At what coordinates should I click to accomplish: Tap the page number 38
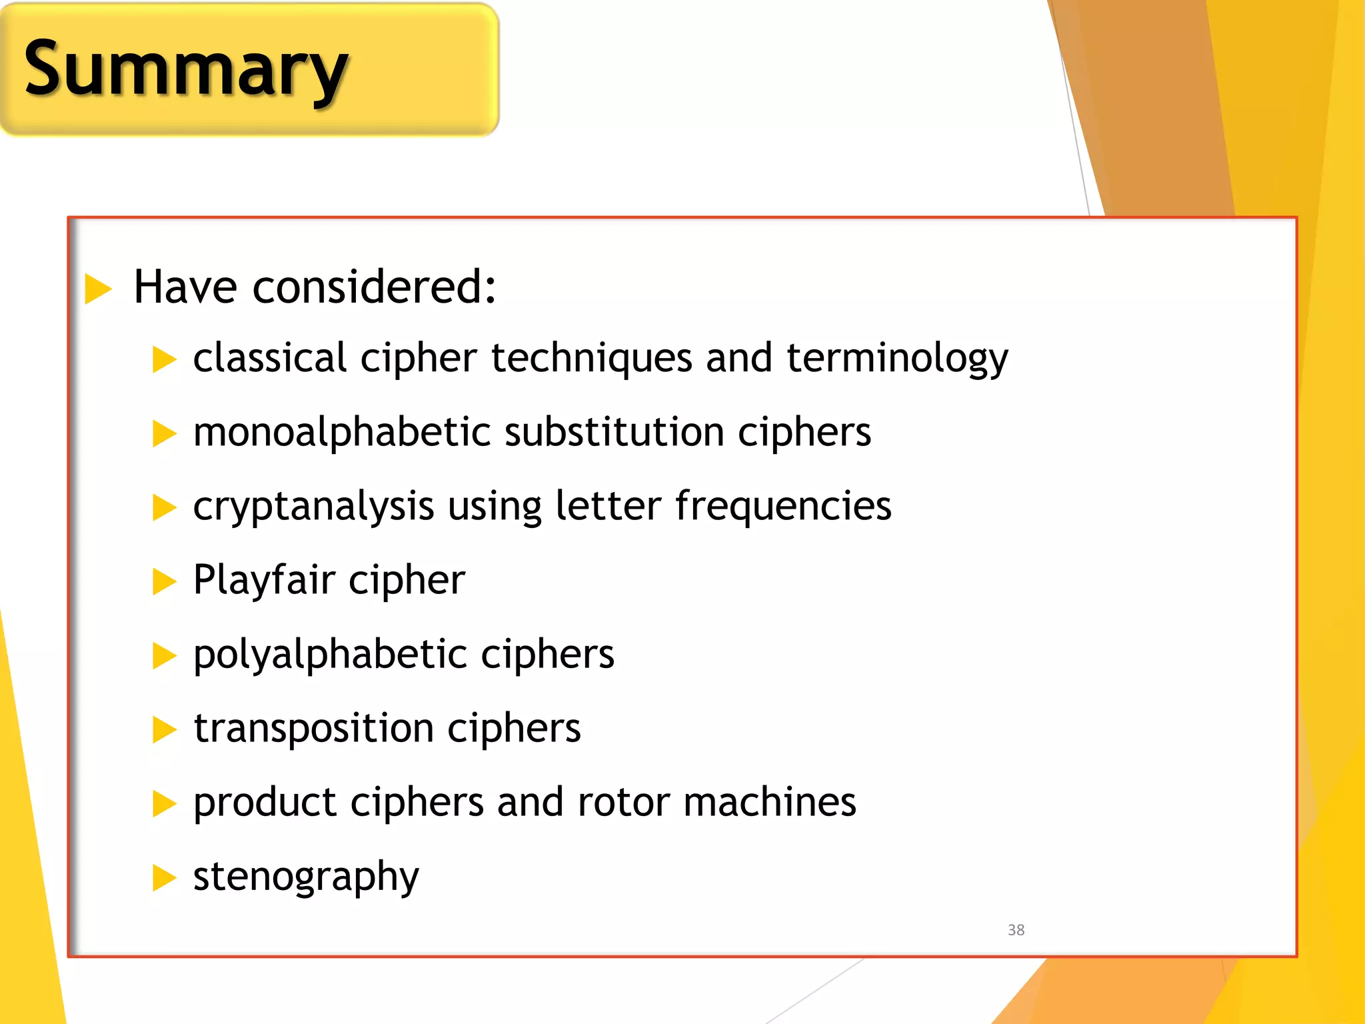pos(1016,930)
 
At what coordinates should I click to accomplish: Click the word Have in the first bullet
pos(185,287)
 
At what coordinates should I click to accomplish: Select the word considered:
pos(374,287)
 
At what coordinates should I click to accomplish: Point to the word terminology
pos(897,359)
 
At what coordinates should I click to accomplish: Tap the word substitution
pos(614,432)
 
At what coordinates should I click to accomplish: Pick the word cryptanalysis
pos(313,507)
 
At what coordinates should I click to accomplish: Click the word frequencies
pos(783,505)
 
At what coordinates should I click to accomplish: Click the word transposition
pos(313,728)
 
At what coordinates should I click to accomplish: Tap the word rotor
pos(623,802)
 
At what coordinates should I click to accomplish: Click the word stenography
pos(306,877)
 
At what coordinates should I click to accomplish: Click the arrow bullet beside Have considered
pos(98,289)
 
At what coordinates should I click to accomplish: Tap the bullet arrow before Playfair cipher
pos(164,581)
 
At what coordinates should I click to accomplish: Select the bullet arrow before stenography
pos(164,877)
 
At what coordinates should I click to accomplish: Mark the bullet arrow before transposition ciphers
pos(164,729)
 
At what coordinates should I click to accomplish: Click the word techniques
pos(591,359)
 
